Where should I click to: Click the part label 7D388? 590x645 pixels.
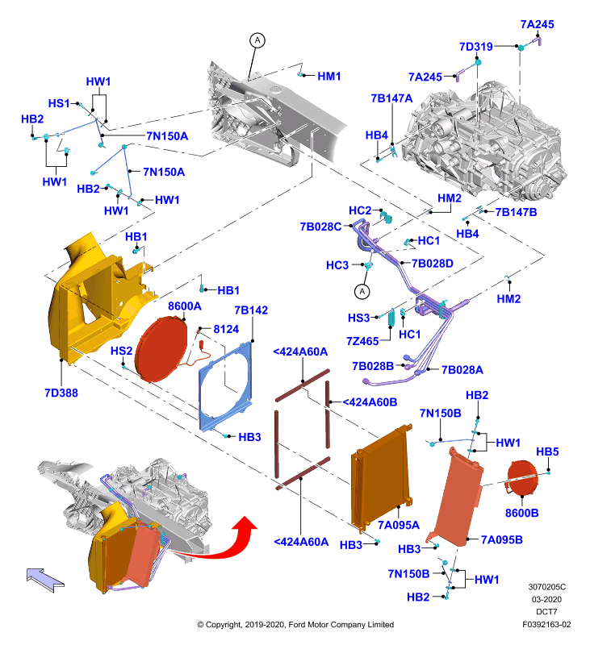pyautogui.click(x=61, y=393)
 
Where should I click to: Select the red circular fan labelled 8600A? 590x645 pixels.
pyautogui.click(x=161, y=349)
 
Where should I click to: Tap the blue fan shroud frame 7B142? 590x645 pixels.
pyautogui.click(x=225, y=386)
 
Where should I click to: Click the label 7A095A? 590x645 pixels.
pyautogui.click(x=399, y=525)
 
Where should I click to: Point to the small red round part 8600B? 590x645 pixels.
pyautogui.click(x=521, y=478)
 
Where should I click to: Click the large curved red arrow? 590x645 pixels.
pyautogui.click(x=222, y=542)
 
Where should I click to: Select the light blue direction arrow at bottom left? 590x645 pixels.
pyautogui.click(x=45, y=580)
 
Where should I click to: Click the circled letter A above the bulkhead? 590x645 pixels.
pyautogui.click(x=257, y=40)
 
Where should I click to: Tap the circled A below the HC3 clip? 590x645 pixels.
pyautogui.click(x=362, y=292)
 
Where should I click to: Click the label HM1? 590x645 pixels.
pyautogui.click(x=329, y=76)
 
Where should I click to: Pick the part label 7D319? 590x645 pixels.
pyautogui.click(x=476, y=47)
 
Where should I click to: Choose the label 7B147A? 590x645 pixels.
pyautogui.click(x=391, y=98)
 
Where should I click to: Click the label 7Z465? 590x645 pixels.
pyautogui.click(x=362, y=341)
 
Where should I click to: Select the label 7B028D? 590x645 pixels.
pyautogui.click(x=433, y=264)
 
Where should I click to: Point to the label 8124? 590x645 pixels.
pyautogui.click(x=226, y=329)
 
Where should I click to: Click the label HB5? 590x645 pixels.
pyautogui.click(x=547, y=451)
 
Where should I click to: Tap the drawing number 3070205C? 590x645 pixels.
pyautogui.click(x=546, y=587)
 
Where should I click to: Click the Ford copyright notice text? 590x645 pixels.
pyautogui.click(x=295, y=624)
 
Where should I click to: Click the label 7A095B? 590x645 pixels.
pyautogui.click(x=502, y=539)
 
